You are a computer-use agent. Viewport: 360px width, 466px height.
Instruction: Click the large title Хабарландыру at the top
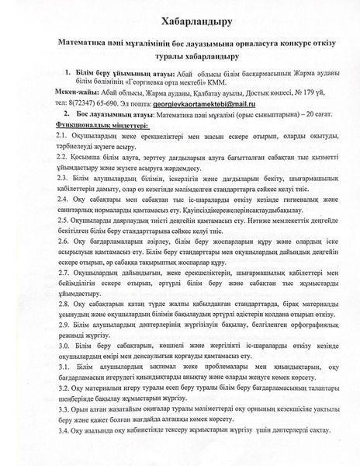pyautogui.click(x=179, y=18)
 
